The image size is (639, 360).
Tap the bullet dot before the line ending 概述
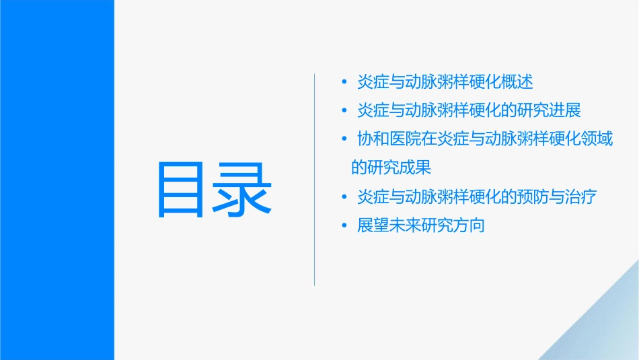(344, 83)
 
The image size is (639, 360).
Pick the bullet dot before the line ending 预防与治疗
(344, 197)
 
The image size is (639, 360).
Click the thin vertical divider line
(315, 180)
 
